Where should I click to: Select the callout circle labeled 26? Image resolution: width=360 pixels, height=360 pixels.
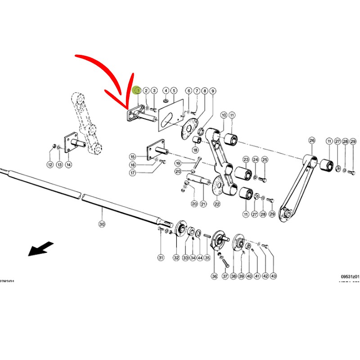(x=312, y=141)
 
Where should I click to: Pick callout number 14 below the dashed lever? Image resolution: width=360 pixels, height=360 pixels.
(x=68, y=165)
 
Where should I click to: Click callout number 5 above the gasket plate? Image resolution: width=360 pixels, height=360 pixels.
(x=174, y=90)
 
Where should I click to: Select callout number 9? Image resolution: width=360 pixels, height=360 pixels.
(x=213, y=91)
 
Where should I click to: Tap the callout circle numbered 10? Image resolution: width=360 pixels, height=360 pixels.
(x=224, y=116)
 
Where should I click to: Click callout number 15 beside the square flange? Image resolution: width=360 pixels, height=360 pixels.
(x=132, y=157)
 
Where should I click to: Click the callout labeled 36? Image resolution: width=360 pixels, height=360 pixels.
(x=214, y=276)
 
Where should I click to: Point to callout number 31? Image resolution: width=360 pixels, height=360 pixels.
(x=161, y=258)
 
